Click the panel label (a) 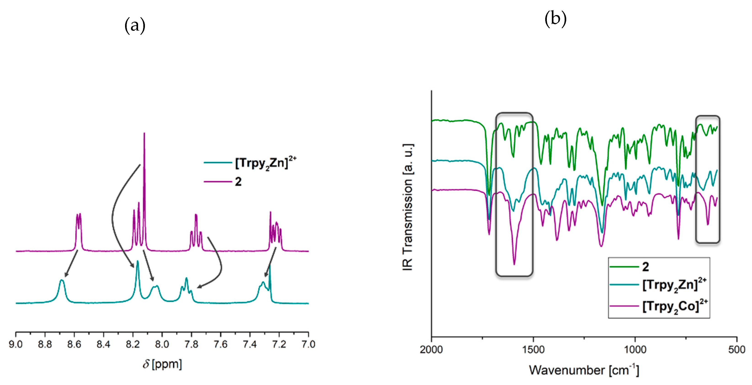(x=135, y=26)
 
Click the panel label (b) (x=555, y=19)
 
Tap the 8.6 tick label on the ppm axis (x=74, y=344)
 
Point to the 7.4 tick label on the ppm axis (x=250, y=344)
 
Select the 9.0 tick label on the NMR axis (x=16, y=344)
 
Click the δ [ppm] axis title (x=162, y=364)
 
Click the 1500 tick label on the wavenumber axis (x=533, y=349)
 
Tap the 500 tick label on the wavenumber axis (x=736, y=349)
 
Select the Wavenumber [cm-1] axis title (x=584, y=370)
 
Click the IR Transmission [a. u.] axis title (x=408, y=207)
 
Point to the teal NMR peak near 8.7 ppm (x=61, y=281)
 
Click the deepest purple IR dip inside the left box (x=514, y=263)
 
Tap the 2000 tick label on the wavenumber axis (x=431, y=349)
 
